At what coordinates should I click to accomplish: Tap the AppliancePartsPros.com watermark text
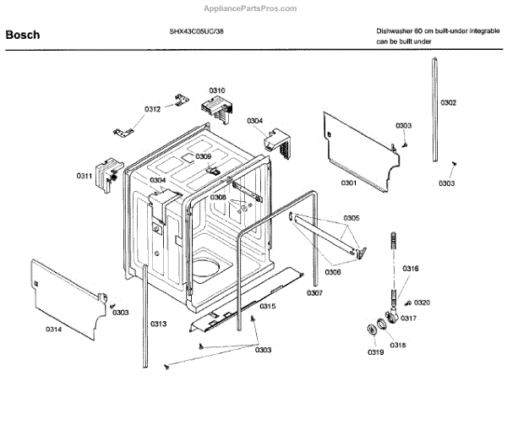click(x=250, y=8)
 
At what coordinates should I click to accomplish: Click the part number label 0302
click(x=448, y=103)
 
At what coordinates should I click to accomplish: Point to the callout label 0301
click(x=349, y=183)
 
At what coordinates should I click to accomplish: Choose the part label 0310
click(x=217, y=90)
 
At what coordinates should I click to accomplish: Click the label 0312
click(x=152, y=109)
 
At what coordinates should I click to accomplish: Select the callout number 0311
click(x=84, y=176)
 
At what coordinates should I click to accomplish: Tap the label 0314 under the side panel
click(x=52, y=329)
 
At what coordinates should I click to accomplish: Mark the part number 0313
click(x=158, y=324)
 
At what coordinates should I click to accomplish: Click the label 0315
click(x=267, y=306)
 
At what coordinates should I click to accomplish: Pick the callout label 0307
click(x=314, y=293)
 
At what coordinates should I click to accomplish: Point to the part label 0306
click(x=335, y=272)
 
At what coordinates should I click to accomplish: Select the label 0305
click(x=352, y=218)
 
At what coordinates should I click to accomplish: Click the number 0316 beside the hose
click(x=410, y=269)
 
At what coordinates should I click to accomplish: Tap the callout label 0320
click(x=422, y=302)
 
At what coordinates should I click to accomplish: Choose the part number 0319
click(x=376, y=352)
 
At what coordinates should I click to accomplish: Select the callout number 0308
click(x=218, y=197)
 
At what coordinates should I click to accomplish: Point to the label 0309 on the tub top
click(x=204, y=156)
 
